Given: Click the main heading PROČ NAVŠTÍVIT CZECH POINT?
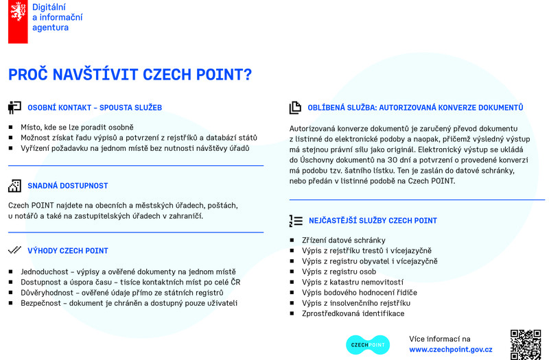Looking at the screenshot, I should pyautogui.click(x=130, y=75).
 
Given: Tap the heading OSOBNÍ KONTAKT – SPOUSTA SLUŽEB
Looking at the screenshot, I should pyautogui.click(x=95, y=108).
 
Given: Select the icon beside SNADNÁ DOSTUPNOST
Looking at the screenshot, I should pyautogui.click(x=14, y=185).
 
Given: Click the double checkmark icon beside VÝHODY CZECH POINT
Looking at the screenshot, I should pyautogui.click(x=14, y=250).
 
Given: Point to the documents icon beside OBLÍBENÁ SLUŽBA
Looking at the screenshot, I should pyautogui.click(x=296, y=108).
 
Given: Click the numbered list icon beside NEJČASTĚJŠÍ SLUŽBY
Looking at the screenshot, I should pyautogui.click(x=296, y=221).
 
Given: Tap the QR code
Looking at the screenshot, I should pyautogui.click(x=525, y=344).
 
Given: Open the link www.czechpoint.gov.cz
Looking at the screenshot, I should pyautogui.click(x=450, y=349).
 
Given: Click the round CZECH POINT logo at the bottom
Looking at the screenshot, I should pyautogui.click(x=366, y=344).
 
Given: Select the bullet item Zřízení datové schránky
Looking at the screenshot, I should pyautogui.click(x=343, y=240).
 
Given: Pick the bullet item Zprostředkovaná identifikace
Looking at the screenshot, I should pyautogui.click(x=353, y=313).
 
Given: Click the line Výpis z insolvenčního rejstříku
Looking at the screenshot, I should pyautogui.click(x=355, y=303).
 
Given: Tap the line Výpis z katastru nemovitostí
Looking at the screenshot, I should pyautogui.click(x=352, y=282).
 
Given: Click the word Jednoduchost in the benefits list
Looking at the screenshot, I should pyautogui.click(x=45, y=272).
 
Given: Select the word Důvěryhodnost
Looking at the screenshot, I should pyautogui.click(x=47, y=292).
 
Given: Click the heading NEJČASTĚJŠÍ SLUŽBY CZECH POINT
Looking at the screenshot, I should pyautogui.click(x=373, y=221).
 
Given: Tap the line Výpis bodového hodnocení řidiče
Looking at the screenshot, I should pyautogui.click(x=359, y=292).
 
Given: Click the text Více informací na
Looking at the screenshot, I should pyautogui.click(x=440, y=339).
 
